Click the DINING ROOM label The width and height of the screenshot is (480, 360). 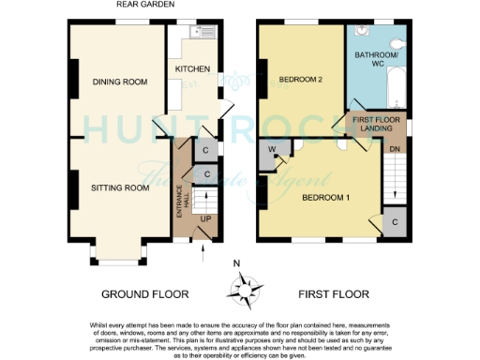click(121, 82)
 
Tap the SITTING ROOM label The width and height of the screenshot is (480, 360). click(121, 187)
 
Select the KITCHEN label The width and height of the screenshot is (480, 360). click(192, 69)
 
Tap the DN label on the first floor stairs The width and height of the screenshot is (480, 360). click(397, 147)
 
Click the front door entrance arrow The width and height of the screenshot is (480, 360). click(203, 247)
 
